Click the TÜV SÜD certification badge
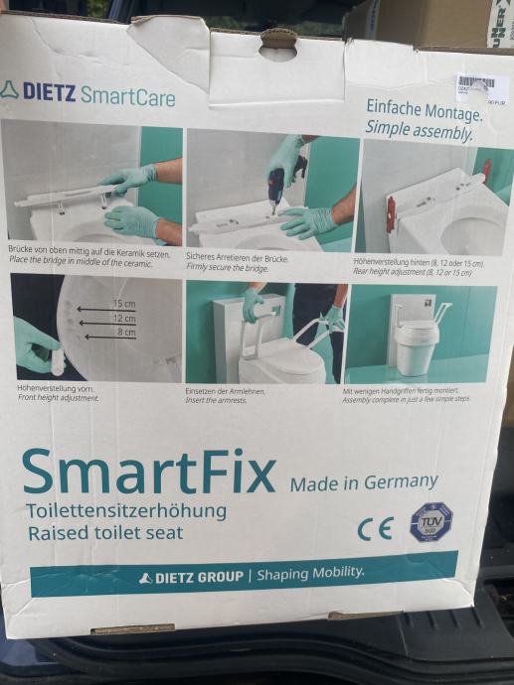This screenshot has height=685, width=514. coord(430,521)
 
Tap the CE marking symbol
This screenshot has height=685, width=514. coord(375,528)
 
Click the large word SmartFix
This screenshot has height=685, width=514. coord(149,473)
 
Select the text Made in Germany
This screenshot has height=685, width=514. coord(364,482)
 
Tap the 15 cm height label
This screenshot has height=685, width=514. coord(123,303)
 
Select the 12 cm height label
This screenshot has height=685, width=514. coord(123,319)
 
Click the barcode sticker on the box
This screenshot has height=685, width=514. coord(481,87)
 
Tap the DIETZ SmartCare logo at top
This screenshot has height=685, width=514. coord(89,95)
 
